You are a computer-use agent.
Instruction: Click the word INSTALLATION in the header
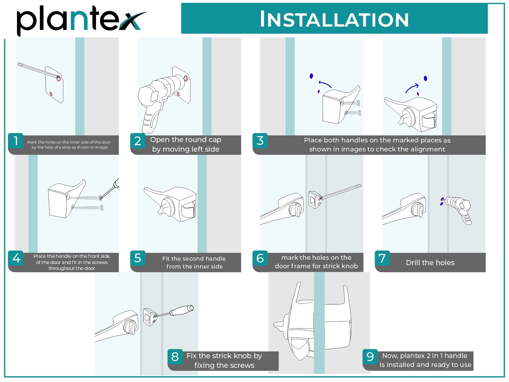coord(334,19)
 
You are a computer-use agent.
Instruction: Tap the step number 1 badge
coord(16,141)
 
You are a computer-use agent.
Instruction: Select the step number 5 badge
coord(138,258)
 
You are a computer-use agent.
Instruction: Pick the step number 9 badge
coord(370,357)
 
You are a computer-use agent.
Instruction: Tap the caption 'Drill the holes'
coord(430,263)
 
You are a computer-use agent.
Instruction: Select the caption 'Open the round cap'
coord(186,140)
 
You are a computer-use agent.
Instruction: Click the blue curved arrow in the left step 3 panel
coord(325,84)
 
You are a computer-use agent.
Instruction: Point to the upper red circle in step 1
coord(59,78)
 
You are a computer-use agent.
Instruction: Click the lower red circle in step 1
coord(51,94)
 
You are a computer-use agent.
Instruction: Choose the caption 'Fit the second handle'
coord(194,259)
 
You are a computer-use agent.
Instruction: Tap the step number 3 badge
coord(260,141)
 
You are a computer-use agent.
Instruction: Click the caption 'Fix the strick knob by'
coord(224,356)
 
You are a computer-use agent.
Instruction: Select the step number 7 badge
coord(382,258)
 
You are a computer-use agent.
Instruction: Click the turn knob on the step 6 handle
coord(296,210)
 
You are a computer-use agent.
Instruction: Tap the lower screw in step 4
coord(87,208)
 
